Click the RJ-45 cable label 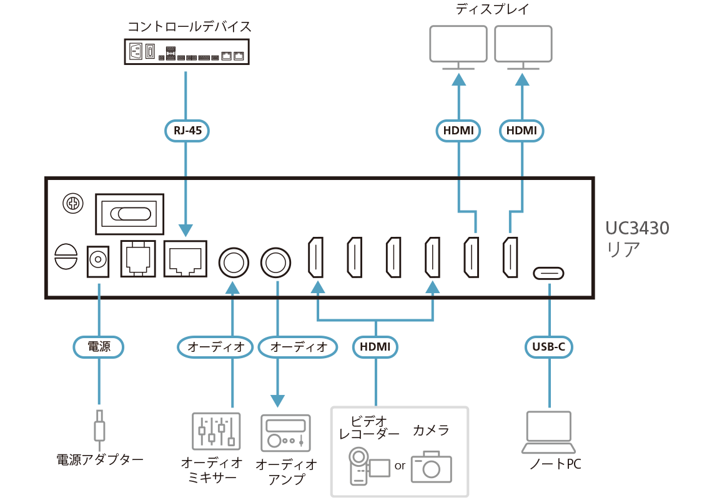click(187, 131)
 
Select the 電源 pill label click(98, 346)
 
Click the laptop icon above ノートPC click(549, 432)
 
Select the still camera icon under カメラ click(431, 466)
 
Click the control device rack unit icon click(186, 51)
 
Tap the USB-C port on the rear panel click(549, 273)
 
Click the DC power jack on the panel click(97, 261)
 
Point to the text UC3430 click(637, 228)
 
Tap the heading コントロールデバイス click(190, 26)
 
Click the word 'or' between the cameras click(400, 466)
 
